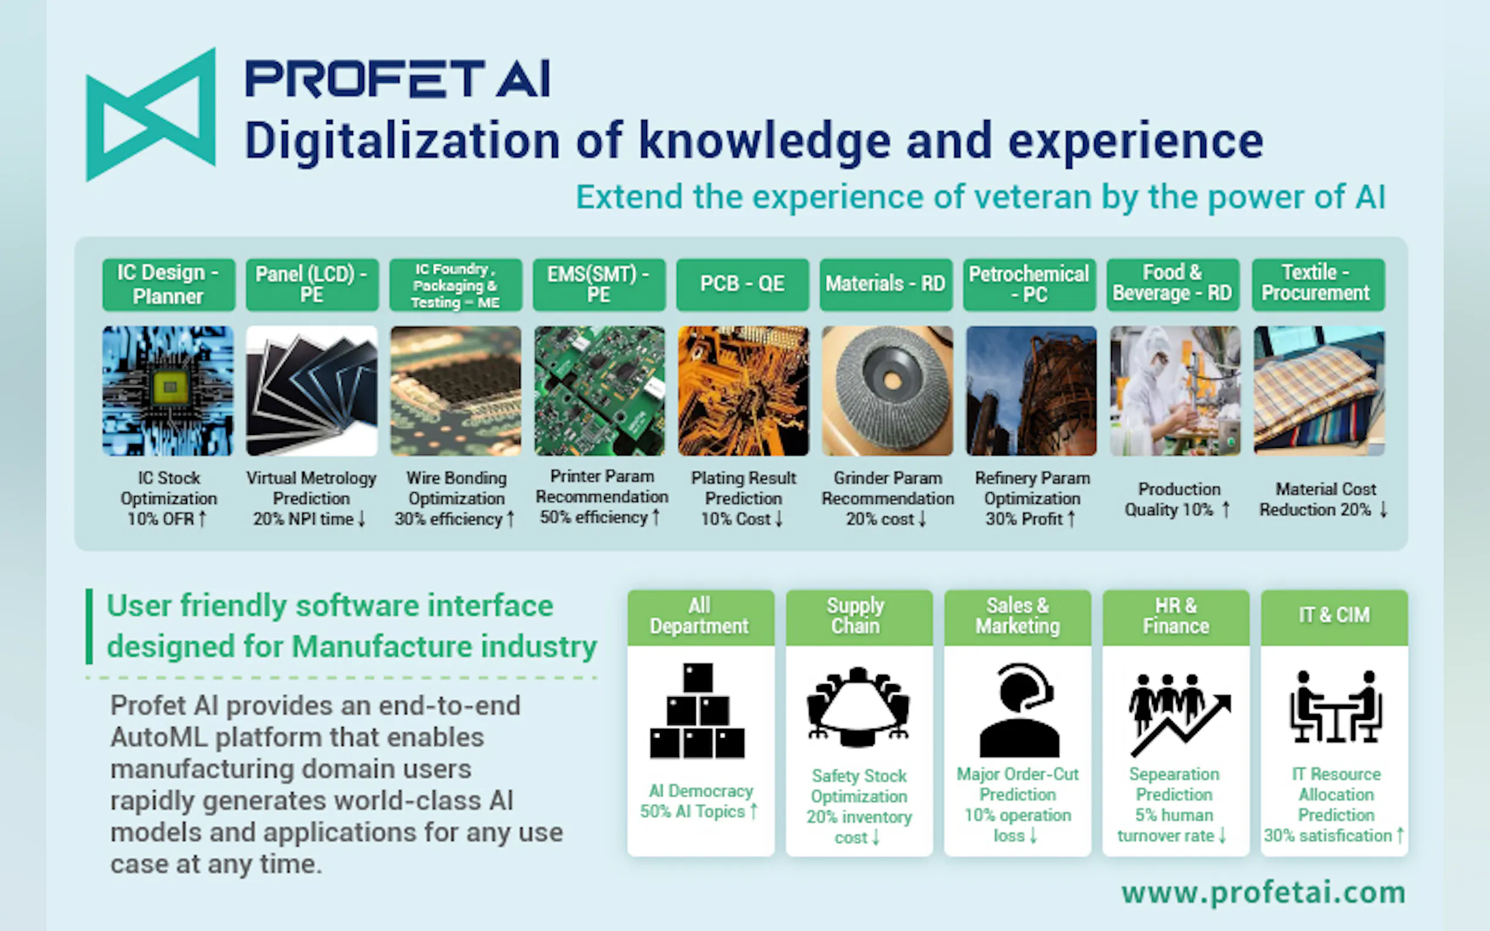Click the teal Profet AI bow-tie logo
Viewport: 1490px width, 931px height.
coord(151,114)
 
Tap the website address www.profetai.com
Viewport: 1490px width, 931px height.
coord(1264,893)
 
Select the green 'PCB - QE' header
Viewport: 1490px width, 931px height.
coord(742,284)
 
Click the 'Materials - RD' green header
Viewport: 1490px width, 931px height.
coord(886,284)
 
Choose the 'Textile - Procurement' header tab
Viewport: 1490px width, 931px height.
coord(1318,284)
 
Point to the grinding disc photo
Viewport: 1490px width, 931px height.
coord(887,391)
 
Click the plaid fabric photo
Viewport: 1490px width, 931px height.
coord(1319,391)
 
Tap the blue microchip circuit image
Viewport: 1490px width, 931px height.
coord(168,391)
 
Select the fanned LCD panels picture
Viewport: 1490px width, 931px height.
coord(311,391)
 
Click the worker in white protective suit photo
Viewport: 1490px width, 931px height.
coord(1175,391)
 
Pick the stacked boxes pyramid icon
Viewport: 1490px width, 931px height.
coord(697,711)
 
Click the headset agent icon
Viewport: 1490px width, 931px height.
coord(1020,710)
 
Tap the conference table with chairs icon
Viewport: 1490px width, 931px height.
coord(858,706)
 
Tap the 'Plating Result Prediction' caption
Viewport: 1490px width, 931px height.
coord(743,488)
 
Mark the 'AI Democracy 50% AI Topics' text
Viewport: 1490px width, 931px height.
coord(700,801)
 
